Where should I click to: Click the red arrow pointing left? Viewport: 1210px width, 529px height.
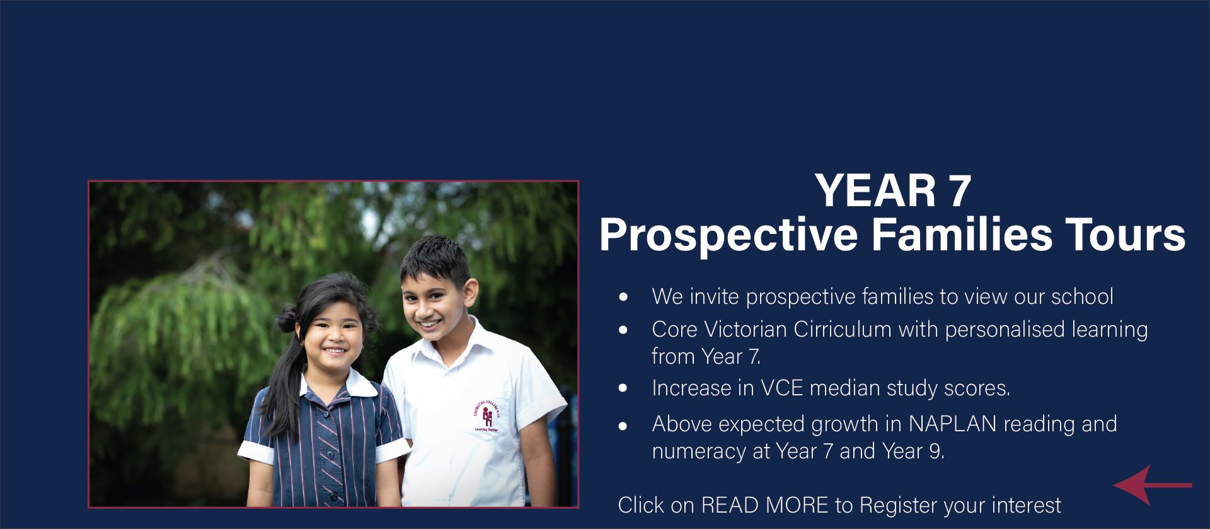pos(1152,485)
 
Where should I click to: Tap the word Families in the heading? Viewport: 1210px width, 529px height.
pos(962,235)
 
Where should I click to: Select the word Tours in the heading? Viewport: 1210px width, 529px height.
pos(1125,235)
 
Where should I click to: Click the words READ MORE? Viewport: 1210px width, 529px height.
pos(764,505)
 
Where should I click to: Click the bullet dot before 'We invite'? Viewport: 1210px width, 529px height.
pos(624,296)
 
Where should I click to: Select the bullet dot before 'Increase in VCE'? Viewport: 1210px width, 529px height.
pos(624,388)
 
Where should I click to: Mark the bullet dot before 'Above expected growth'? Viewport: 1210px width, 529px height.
pos(624,426)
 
